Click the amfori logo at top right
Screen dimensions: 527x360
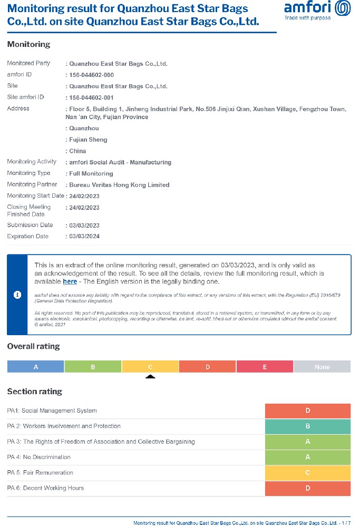click(x=317, y=9)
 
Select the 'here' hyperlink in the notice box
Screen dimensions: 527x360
click(x=70, y=281)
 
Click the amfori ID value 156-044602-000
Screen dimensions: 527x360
click(x=91, y=75)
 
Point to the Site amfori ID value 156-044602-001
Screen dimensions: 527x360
click(x=91, y=97)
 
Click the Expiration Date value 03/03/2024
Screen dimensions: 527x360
click(x=84, y=236)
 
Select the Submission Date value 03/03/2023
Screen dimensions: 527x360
click(x=84, y=226)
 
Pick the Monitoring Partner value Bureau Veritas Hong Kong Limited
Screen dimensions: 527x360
click(x=119, y=185)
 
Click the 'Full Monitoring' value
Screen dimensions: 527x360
click(x=91, y=173)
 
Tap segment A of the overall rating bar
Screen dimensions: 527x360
click(x=36, y=367)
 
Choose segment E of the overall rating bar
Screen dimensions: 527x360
click(x=265, y=367)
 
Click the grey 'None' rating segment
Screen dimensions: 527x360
click(x=322, y=367)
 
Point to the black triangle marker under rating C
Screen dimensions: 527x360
click(x=150, y=377)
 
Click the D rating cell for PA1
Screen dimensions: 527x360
click(x=308, y=411)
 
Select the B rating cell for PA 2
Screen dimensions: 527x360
click(x=308, y=426)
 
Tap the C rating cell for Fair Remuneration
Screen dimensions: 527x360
click(x=308, y=473)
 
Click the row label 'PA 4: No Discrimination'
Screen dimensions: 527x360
click(x=38, y=457)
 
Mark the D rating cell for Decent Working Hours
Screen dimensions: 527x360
click(x=308, y=488)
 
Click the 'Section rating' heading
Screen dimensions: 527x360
click(x=34, y=392)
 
